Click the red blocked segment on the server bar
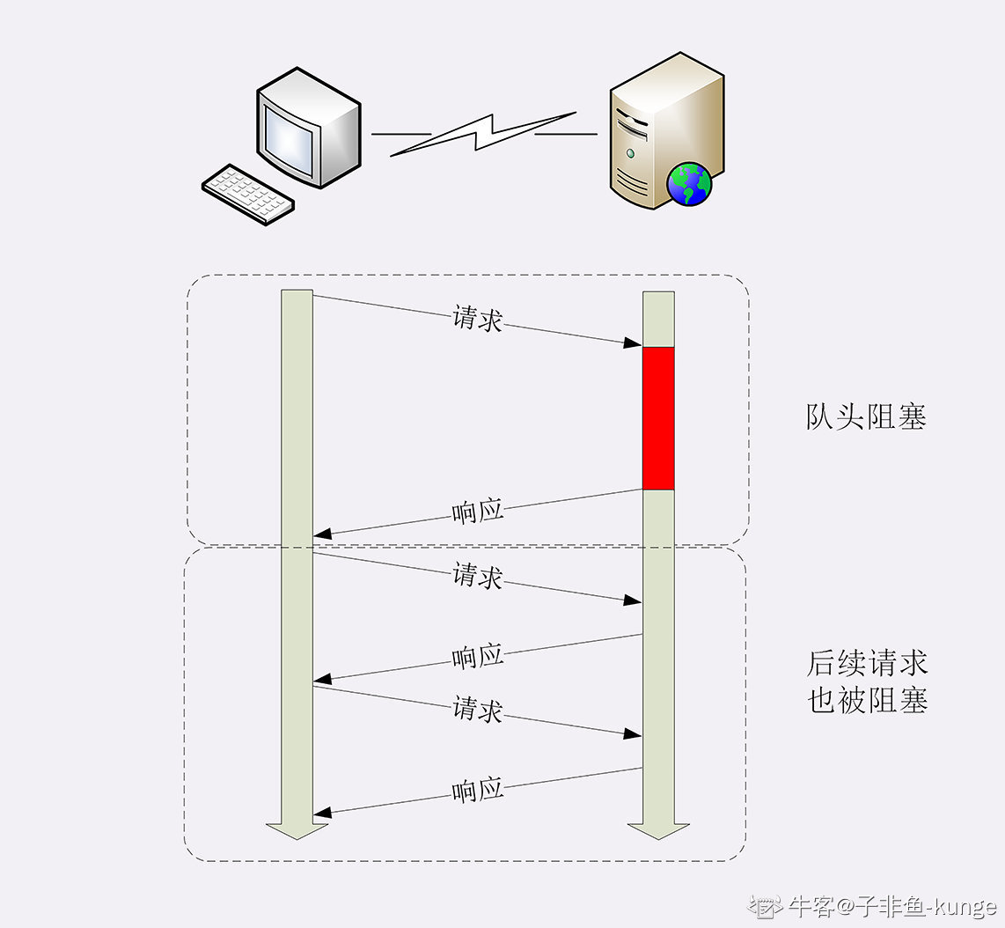pos(658,418)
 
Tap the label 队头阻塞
pos(866,416)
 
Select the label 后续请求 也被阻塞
pos(867,681)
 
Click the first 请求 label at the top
pos(477,318)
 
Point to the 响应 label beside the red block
pos(477,511)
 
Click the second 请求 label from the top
pos(477,577)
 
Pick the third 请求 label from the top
pos(477,709)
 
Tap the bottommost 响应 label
pos(477,790)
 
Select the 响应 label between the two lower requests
pos(477,657)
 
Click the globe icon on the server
pos(689,184)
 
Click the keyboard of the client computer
pos(248,193)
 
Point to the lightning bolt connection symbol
pos(482,134)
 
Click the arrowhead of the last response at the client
pos(322,812)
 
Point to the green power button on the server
pos(630,152)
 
